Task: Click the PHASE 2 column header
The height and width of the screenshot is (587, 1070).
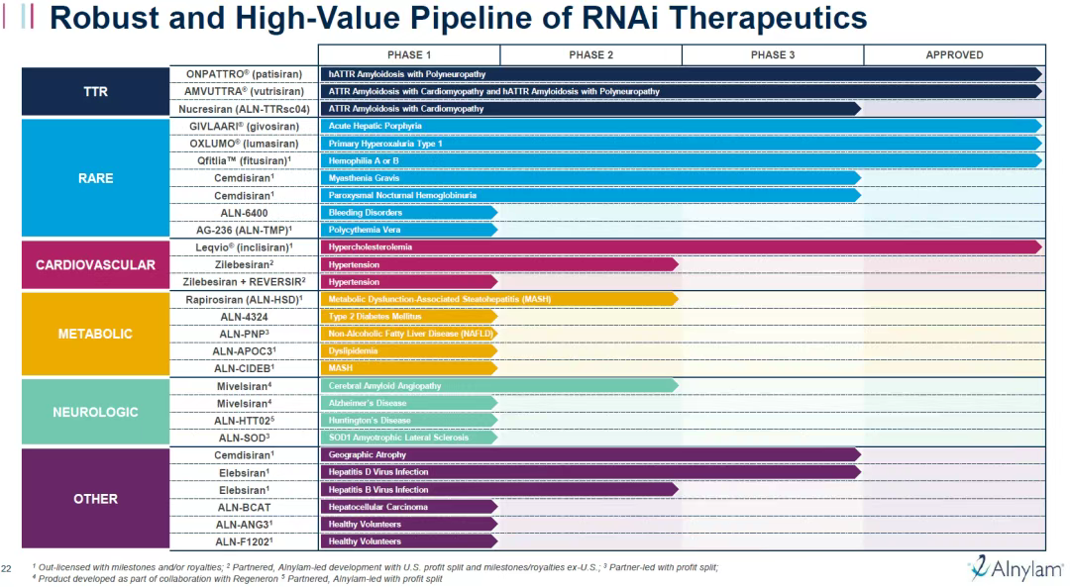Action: pyautogui.click(x=590, y=55)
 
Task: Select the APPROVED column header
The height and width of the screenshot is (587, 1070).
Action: pyautogui.click(x=954, y=55)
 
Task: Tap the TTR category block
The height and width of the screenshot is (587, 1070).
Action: pyautogui.click(x=96, y=92)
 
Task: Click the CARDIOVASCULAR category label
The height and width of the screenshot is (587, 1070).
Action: pyautogui.click(x=96, y=265)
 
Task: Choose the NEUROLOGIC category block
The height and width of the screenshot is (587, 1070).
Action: pyautogui.click(x=96, y=412)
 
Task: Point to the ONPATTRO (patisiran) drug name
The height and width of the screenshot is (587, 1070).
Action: pyautogui.click(x=244, y=74)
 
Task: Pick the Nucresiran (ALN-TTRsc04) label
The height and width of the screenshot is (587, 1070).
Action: pyautogui.click(x=245, y=109)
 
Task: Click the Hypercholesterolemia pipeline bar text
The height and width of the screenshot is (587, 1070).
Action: pyautogui.click(x=371, y=246)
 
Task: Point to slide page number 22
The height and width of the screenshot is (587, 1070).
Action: pyautogui.click(x=7, y=567)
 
